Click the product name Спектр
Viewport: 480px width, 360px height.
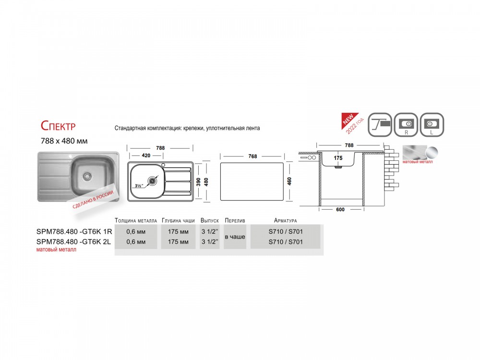(x=58, y=125)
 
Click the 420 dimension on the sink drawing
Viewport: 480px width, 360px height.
(x=146, y=156)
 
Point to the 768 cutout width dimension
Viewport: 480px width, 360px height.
(x=252, y=156)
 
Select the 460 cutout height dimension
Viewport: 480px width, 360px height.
(x=289, y=181)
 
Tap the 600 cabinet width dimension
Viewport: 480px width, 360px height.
(x=340, y=210)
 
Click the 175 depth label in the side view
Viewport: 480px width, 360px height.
(x=338, y=158)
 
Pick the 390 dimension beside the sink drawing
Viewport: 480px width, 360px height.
(x=198, y=182)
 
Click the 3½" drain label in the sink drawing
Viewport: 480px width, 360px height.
(x=139, y=185)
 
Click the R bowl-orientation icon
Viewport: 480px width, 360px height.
(x=406, y=125)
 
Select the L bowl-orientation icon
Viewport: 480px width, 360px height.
(x=432, y=125)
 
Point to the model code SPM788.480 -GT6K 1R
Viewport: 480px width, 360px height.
(x=74, y=232)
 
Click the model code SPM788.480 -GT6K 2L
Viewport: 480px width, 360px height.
(x=73, y=242)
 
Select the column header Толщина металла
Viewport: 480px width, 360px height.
(x=136, y=220)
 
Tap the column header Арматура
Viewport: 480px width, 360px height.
(x=285, y=220)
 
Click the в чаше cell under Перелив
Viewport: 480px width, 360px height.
(x=235, y=237)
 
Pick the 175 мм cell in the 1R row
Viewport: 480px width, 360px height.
(x=178, y=232)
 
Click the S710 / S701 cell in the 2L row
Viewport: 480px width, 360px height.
(x=286, y=242)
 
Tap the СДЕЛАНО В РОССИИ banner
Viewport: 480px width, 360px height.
(x=93, y=199)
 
